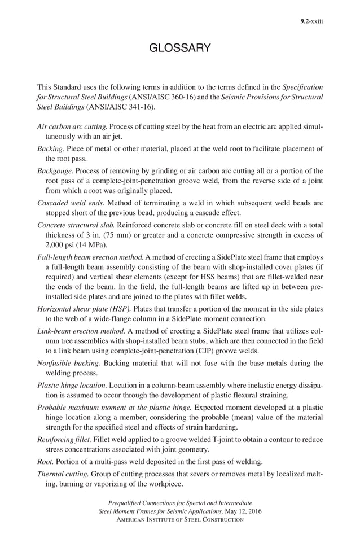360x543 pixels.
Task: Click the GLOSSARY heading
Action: point(180,49)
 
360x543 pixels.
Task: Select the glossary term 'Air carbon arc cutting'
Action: point(72,128)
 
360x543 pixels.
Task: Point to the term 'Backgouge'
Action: point(55,170)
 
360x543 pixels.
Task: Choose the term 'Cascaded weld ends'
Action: point(70,202)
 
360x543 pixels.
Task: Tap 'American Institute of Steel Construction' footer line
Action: point(180,519)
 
